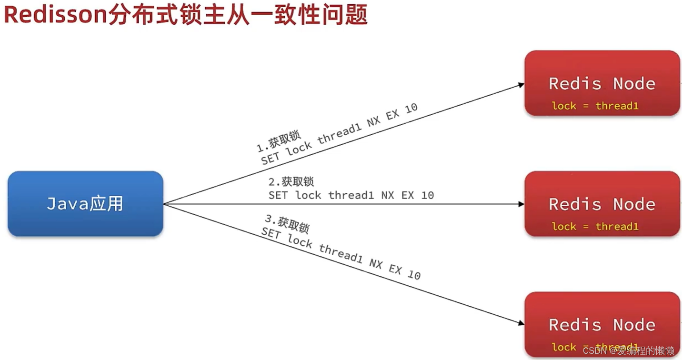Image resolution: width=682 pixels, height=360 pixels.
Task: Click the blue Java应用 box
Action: (85, 204)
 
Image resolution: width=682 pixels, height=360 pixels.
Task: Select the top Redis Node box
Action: (602, 83)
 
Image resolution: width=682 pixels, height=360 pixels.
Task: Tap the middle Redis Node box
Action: (602, 204)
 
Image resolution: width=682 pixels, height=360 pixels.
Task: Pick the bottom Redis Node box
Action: (602, 325)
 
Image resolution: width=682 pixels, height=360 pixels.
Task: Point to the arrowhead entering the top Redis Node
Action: (521, 85)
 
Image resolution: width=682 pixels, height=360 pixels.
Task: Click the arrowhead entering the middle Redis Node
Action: (521, 204)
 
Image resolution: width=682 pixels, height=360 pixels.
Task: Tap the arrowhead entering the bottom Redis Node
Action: (521, 322)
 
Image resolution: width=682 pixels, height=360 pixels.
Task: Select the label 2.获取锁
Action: (291, 182)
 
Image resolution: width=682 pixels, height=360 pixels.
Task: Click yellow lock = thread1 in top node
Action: (595, 106)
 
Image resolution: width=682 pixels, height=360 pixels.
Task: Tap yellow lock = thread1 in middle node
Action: (595, 227)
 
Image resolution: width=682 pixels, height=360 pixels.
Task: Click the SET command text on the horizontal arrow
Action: (351, 195)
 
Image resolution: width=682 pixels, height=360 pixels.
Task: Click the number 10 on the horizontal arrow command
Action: (427, 195)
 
